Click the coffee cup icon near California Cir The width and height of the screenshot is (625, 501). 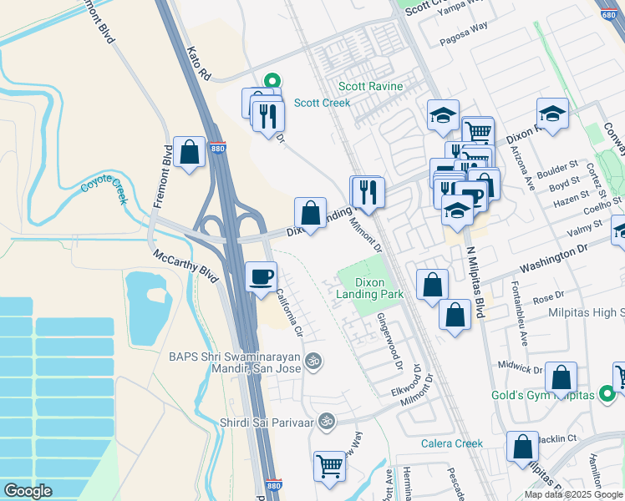[262, 276]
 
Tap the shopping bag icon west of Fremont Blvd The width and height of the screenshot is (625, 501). [191, 152]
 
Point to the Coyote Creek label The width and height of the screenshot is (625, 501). [104, 187]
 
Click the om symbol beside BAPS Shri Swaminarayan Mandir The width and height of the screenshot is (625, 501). [313, 362]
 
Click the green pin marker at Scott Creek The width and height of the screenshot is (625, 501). [272, 82]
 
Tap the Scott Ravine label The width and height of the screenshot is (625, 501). [370, 86]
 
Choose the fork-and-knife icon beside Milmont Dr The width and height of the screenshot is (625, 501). [366, 192]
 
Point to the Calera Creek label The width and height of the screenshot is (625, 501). [452, 443]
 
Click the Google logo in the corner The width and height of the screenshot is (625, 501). [28, 491]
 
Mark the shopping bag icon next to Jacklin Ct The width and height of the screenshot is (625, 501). [522, 446]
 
